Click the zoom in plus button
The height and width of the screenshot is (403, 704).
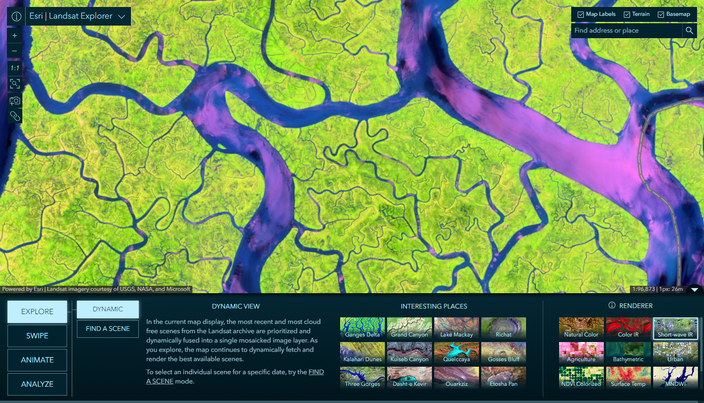click(x=15, y=35)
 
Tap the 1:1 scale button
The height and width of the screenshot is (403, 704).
click(x=15, y=68)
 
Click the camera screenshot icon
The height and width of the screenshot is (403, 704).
click(x=15, y=101)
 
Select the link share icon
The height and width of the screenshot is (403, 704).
click(x=15, y=116)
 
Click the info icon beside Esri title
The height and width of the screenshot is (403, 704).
click(x=16, y=16)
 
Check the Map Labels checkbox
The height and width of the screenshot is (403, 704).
click(x=581, y=14)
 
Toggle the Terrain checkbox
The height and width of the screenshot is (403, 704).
click(x=627, y=14)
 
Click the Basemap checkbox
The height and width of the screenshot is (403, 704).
click(x=661, y=14)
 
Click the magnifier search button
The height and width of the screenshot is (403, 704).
click(x=690, y=31)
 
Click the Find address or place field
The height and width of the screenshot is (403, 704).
click(x=626, y=31)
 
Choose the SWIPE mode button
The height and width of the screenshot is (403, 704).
click(x=37, y=336)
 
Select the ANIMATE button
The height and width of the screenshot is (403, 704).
click(x=37, y=360)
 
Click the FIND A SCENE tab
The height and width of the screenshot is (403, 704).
click(x=108, y=329)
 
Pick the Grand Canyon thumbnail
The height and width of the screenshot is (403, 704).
click(x=410, y=328)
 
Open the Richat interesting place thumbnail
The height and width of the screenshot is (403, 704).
click(x=504, y=328)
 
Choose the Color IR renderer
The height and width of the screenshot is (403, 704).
click(x=628, y=328)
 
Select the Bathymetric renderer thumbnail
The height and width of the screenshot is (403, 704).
click(x=628, y=353)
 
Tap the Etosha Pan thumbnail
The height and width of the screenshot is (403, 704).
click(x=504, y=377)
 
